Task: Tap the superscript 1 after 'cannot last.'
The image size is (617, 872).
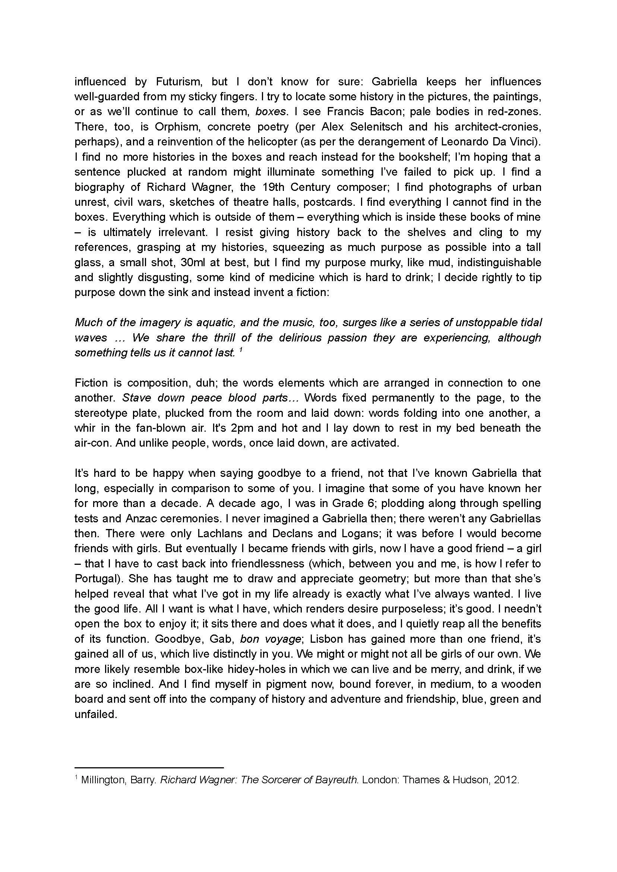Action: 241,350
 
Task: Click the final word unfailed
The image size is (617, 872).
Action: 95,714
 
